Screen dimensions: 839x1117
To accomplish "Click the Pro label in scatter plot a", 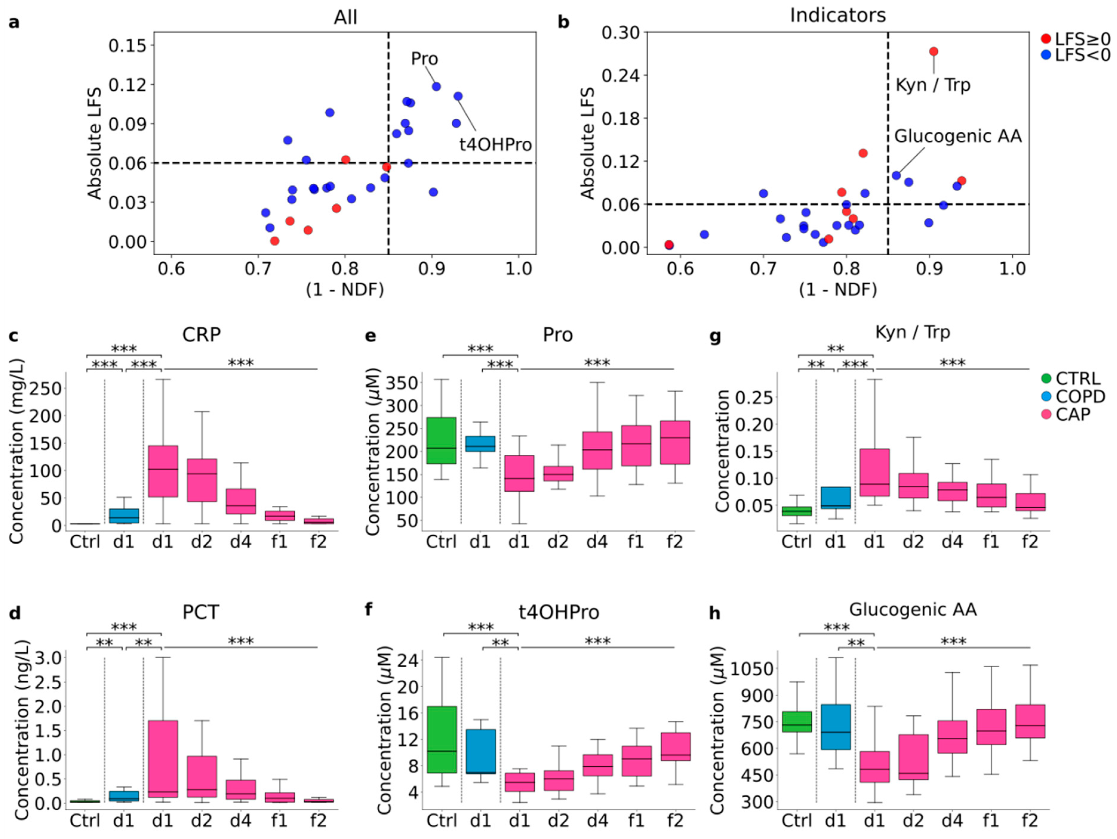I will click(424, 59).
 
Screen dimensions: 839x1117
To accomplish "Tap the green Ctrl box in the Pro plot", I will click(441, 440).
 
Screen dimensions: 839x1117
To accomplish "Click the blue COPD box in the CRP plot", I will click(124, 516).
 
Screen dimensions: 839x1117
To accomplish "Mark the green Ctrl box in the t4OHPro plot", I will click(442, 740).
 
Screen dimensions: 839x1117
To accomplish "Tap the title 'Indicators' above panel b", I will click(838, 15).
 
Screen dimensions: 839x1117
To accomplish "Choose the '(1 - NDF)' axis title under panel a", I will click(345, 290).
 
